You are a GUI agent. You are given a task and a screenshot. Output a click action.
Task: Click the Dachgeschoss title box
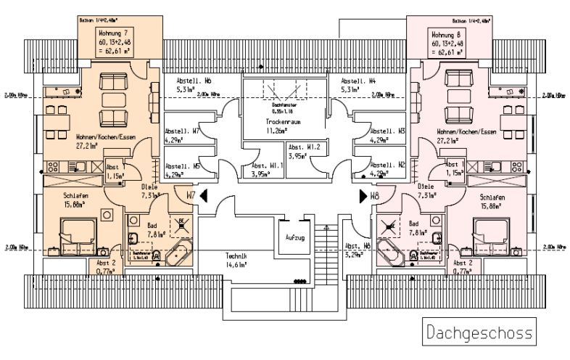click(x=479, y=333)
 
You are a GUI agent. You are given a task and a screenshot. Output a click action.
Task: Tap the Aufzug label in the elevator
click(x=294, y=237)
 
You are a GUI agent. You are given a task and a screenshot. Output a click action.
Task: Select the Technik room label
click(x=236, y=258)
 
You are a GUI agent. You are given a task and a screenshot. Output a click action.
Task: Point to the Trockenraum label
click(x=283, y=123)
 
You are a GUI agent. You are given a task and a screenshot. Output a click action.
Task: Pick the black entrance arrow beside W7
click(x=204, y=195)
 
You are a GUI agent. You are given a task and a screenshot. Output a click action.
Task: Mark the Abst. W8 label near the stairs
click(x=358, y=246)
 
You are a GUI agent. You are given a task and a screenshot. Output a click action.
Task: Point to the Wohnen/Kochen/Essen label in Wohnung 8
click(x=466, y=132)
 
